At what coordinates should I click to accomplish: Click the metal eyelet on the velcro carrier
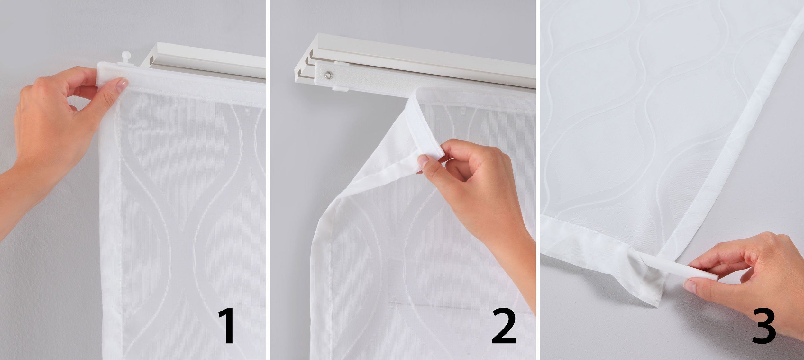(x=328, y=75)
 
